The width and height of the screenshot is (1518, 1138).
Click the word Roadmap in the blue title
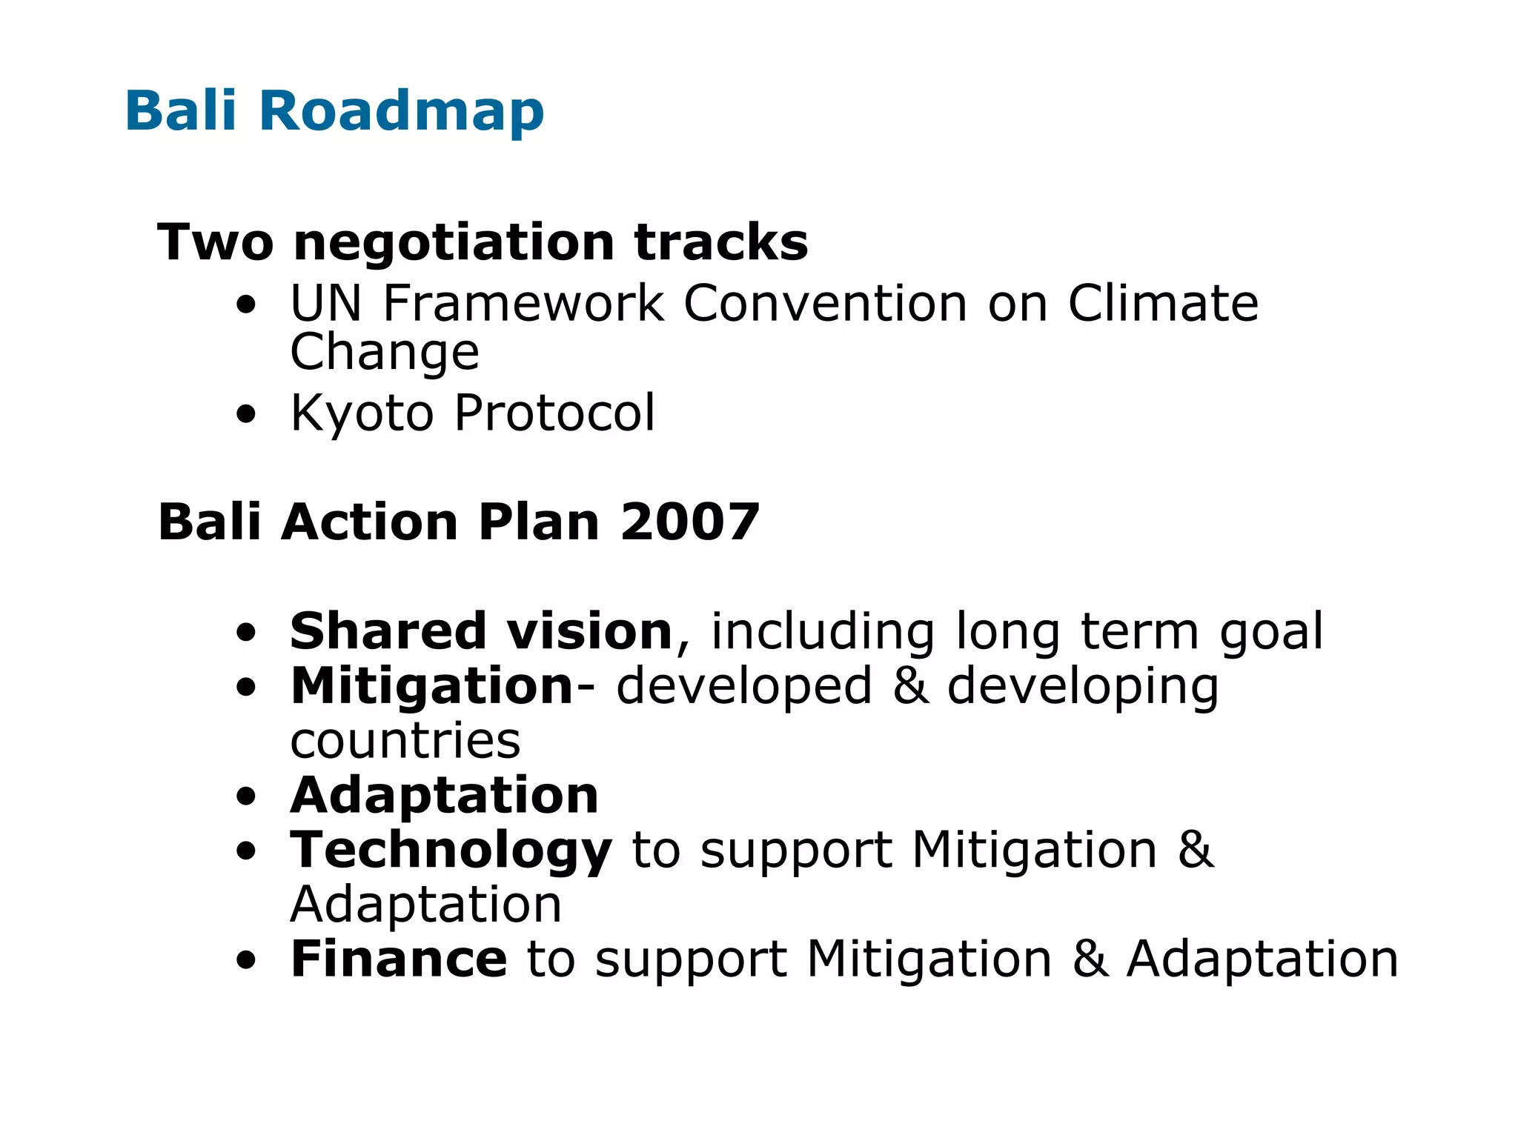click(401, 111)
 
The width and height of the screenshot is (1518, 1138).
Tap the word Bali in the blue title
click(181, 111)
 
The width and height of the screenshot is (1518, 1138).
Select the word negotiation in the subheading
click(454, 242)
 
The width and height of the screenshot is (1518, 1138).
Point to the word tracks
click(721, 242)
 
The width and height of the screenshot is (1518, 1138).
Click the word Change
click(385, 353)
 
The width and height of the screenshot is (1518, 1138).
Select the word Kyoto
click(362, 413)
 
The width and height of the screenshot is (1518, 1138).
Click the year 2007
click(690, 522)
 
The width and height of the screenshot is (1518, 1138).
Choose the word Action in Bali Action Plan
click(370, 522)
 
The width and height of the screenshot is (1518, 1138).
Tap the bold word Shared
click(388, 631)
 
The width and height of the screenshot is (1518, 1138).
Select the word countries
click(405, 740)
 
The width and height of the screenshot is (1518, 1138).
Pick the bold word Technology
click(451, 851)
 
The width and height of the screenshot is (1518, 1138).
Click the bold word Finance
click(399, 959)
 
